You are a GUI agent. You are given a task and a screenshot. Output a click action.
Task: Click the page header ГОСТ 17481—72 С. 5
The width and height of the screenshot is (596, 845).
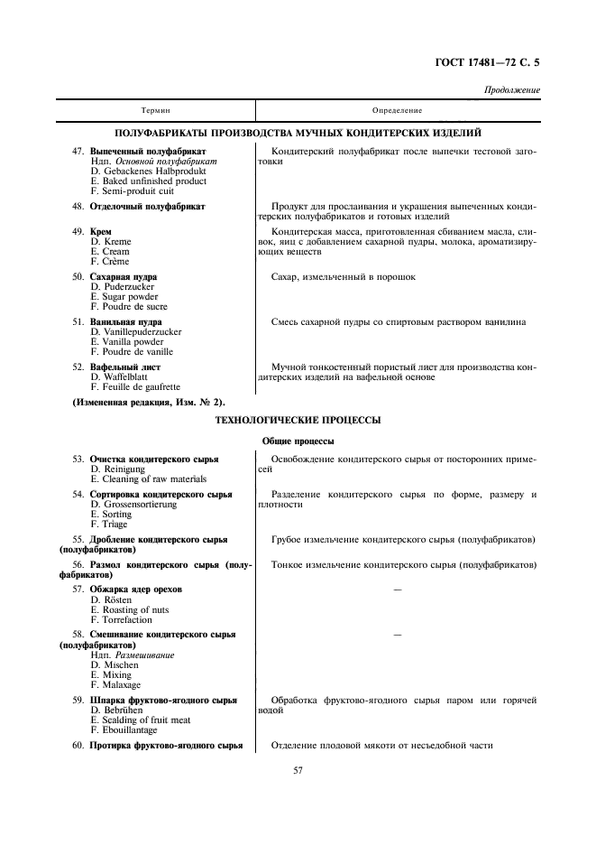tap(493, 63)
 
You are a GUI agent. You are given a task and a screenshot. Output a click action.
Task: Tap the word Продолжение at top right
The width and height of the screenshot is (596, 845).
tap(512, 90)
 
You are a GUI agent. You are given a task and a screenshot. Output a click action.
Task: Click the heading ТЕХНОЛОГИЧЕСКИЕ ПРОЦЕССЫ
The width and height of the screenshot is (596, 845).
tap(297, 420)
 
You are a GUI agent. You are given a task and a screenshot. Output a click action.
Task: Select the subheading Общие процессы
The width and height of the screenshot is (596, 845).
tap(298, 441)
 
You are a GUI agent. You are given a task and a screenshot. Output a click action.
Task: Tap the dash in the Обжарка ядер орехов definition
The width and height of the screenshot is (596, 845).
tap(397, 590)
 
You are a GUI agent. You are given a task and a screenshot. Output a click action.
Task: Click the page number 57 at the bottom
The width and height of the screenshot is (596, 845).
tap(298, 770)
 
